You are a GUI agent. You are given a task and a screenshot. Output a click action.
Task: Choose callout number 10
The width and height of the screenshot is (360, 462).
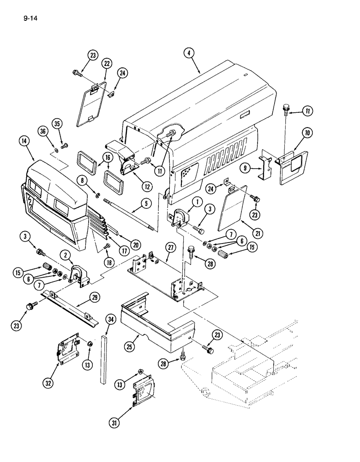pyautogui.click(x=307, y=134)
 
